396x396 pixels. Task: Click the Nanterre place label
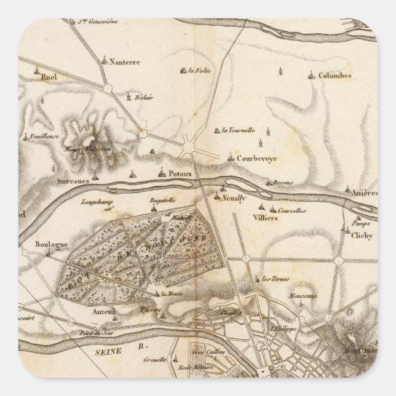126,62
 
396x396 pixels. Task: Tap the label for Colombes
335,76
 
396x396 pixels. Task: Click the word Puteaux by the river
180,173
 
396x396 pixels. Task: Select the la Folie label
200,71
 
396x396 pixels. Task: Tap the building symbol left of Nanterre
105,61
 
